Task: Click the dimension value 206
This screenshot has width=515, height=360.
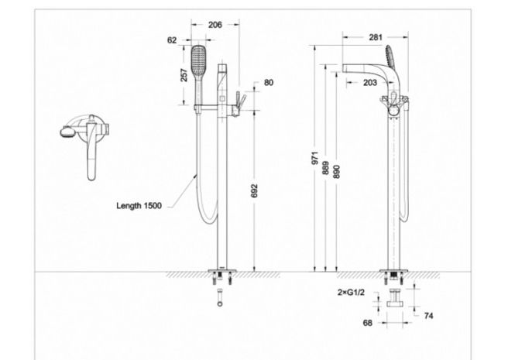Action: click(215, 24)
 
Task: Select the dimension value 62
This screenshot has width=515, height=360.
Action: click(172, 39)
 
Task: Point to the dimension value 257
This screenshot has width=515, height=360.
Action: click(183, 75)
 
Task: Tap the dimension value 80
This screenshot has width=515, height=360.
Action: click(269, 82)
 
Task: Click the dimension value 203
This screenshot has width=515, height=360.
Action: click(370, 82)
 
